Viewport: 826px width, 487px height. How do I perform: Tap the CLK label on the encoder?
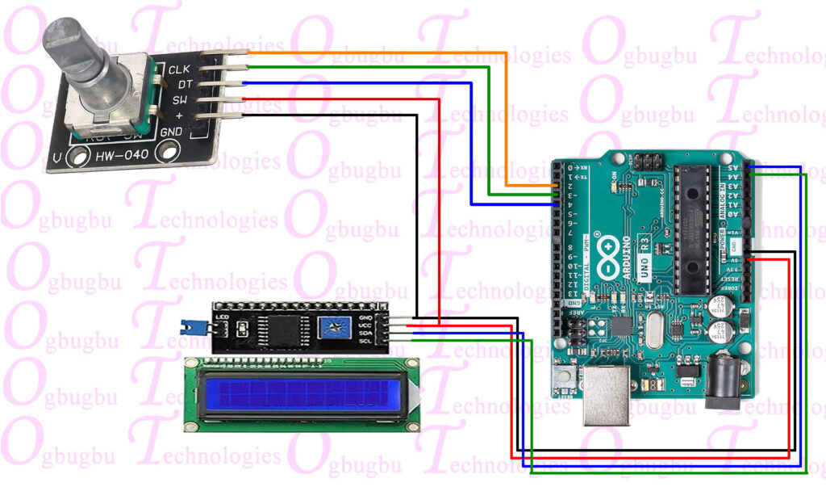coord(178,69)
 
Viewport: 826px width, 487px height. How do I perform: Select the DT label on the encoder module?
coord(184,84)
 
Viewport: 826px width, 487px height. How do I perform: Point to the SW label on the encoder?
coord(179,100)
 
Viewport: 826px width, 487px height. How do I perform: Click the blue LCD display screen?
coord(306,394)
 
